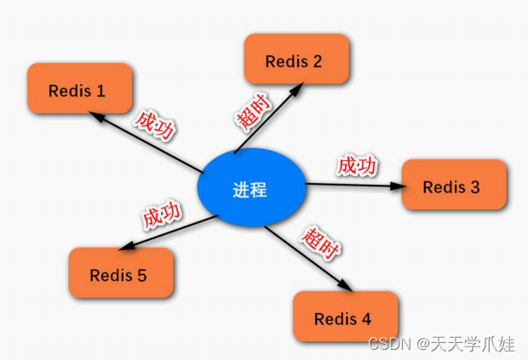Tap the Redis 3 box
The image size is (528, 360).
point(453,186)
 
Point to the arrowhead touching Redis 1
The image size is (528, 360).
point(98,118)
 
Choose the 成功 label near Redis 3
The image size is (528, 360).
point(357,166)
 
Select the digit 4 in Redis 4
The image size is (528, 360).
point(366,319)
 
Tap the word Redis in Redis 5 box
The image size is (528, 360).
point(111,276)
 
